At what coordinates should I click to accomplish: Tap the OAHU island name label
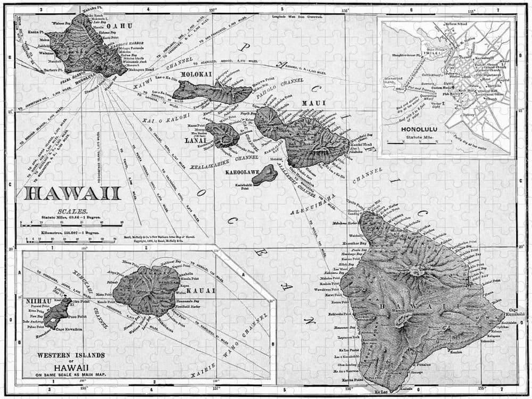[120, 25]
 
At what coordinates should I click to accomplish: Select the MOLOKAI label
[196, 74]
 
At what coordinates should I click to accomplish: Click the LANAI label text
[193, 141]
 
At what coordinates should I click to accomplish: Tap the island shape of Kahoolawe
[264, 174]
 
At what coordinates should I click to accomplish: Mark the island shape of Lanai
[222, 135]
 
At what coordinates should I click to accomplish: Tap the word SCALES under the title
[70, 211]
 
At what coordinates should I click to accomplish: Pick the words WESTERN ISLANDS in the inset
[70, 355]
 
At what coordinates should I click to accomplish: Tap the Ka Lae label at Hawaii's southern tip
[381, 393]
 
